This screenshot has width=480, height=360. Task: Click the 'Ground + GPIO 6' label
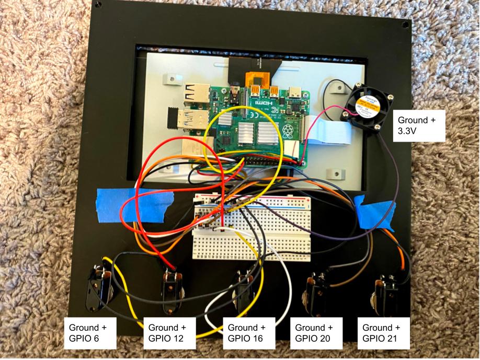pos(88,334)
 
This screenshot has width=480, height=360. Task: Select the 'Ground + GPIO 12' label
pos(167,334)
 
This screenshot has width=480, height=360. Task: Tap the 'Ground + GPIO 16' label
pos(247,334)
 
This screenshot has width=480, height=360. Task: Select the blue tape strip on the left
pos(133,205)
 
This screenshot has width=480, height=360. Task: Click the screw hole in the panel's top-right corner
pos(405,25)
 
